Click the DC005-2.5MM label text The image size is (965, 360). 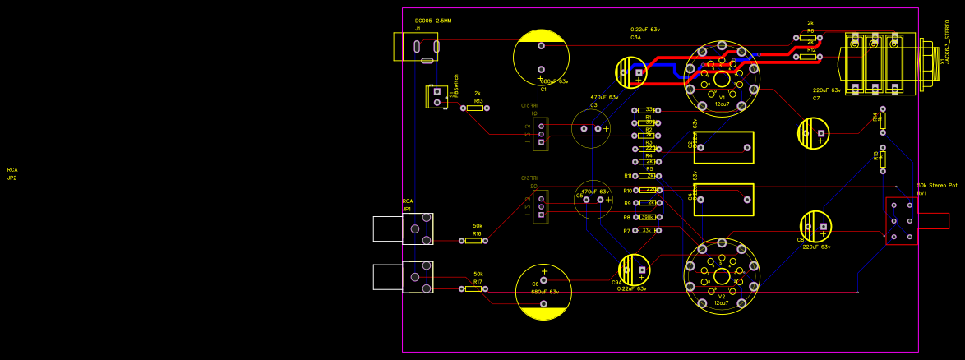click(x=433, y=20)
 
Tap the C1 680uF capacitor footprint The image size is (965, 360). click(x=540, y=58)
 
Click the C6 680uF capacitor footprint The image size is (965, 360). click(x=543, y=292)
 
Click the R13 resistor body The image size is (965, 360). click(x=474, y=108)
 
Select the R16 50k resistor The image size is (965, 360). click(x=473, y=242)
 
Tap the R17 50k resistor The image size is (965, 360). click(x=473, y=289)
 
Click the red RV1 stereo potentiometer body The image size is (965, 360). click(x=901, y=220)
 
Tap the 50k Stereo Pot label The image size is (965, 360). click(x=937, y=186)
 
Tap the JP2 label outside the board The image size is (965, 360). click(x=12, y=178)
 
